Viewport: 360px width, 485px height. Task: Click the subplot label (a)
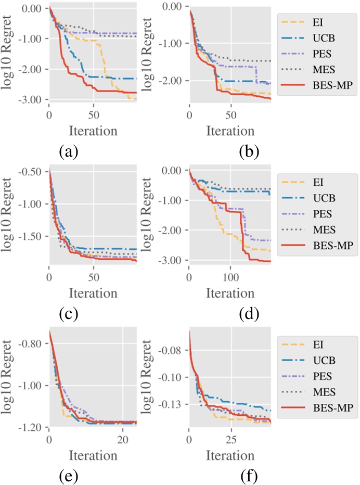click(x=69, y=151)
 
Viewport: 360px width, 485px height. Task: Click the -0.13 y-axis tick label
click(x=172, y=404)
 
